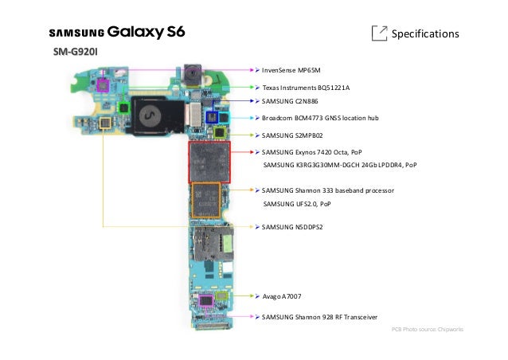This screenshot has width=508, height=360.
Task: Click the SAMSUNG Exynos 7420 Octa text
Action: pos(311,151)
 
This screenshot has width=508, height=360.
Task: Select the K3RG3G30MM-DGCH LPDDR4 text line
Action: pos(339,165)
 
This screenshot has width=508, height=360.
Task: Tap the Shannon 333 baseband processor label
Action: pos(328,191)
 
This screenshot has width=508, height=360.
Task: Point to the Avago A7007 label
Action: pos(281,296)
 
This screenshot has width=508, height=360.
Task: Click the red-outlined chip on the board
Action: pos(209,162)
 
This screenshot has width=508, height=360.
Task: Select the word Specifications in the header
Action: pos(427,34)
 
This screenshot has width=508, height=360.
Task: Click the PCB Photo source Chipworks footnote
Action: pos(433,329)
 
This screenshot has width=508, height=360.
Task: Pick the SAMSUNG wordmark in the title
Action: pos(76,34)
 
